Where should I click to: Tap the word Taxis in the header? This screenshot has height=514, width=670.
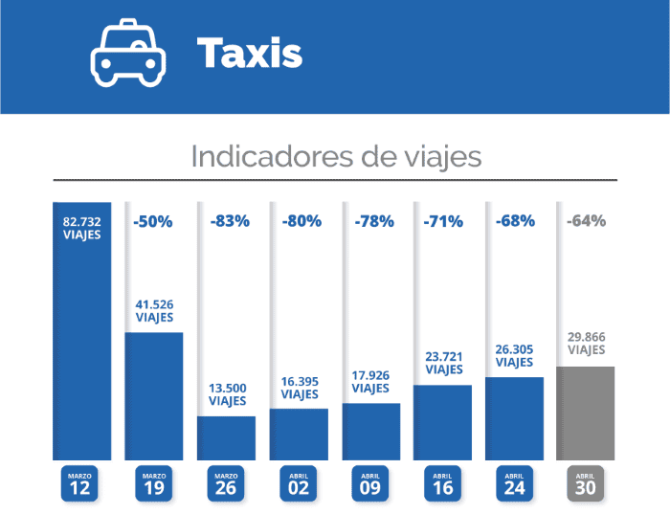[x=250, y=54]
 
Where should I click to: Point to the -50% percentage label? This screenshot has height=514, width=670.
[x=153, y=221]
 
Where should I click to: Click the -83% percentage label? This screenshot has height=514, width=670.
[x=227, y=221]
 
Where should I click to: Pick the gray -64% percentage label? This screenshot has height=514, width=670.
[x=586, y=221]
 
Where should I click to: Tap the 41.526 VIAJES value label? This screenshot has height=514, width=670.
[x=154, y=311]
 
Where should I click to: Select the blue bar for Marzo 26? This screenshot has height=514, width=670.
[x=227, y=437]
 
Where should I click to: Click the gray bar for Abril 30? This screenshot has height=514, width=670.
[x=586, y=413]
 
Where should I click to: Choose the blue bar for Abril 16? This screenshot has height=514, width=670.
[x=442, y=422]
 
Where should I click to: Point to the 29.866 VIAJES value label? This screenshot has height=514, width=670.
[x=586, y=345]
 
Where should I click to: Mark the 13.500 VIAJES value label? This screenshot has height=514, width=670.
[x=227, y=394]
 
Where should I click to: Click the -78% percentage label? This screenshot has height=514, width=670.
[x=370, y=221]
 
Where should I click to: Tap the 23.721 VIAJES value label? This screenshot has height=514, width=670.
[x=442, y=364]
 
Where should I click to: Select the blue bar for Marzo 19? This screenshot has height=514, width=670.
[x=154, y=395]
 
